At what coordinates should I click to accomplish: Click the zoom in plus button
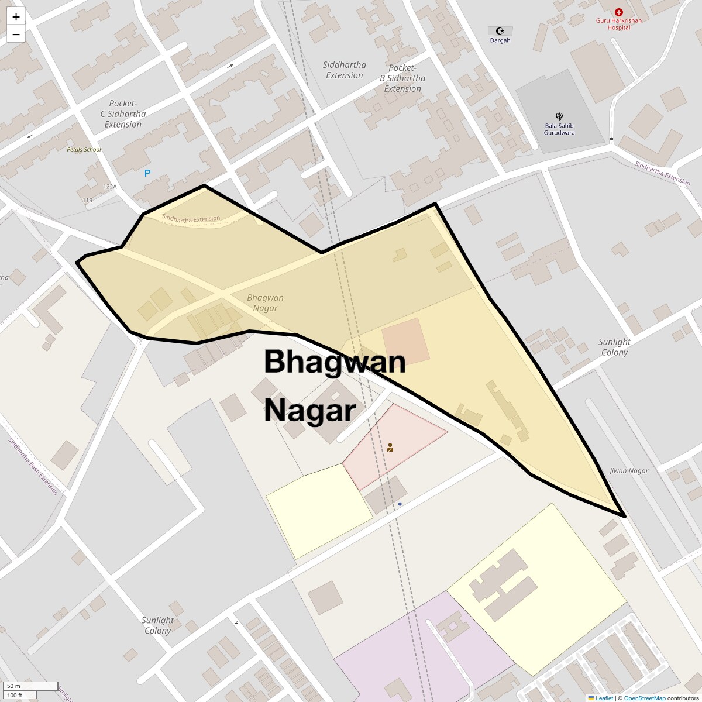click(x=16, y=17)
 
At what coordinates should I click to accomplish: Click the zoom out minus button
click(x=16, y=35)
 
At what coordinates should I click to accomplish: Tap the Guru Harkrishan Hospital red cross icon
click(x=619, y=12)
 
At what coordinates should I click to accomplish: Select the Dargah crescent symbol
click(x=500, y=31)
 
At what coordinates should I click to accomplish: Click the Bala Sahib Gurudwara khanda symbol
click(x=559, y=116)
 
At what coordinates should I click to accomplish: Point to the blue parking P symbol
click(x=147, y=173)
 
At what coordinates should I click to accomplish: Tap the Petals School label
click(x=84, y=150)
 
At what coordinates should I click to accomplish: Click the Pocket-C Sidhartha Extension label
click(x=123, y=114)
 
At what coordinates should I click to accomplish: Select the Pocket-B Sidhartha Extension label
click(x=402, y=78)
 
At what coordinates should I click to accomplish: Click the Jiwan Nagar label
click(x=629, y=471)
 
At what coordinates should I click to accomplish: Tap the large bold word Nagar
click(x=309, y=411)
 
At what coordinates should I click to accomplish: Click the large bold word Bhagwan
click(x=335, y=362)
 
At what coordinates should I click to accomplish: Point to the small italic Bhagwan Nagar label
click(x=266, y=302)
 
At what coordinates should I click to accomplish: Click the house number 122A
click(x=110, y=187)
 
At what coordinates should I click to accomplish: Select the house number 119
click(x=87, y=200)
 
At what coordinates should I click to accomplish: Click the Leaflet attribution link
click(x=604, y=698)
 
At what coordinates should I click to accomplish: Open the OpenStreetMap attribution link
click(x=644, y=698)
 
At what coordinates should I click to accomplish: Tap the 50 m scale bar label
click(x=13, y=686)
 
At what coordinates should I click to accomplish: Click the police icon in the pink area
click(x=390, y=448)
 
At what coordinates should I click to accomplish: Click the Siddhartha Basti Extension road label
click(x=33, y=466)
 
